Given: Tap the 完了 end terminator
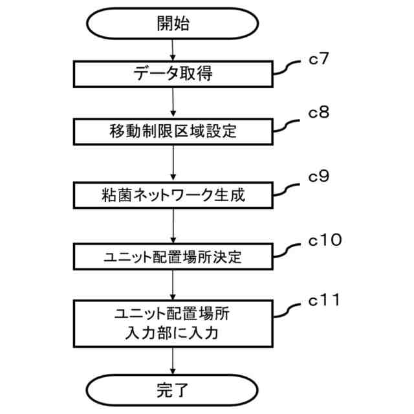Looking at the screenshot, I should [x=173, y=389].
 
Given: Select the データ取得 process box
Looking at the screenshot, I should [x=173, y=74].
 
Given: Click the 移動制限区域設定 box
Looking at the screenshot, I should [x=173, y=133].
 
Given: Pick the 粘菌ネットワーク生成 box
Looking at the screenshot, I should [x=173, y=194].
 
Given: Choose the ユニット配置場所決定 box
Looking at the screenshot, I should [x=173, y=256].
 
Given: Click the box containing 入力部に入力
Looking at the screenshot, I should [x=173, y=325].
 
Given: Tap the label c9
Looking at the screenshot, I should [x=319, y=175].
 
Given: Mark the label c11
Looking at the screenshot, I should [x=322, y=301].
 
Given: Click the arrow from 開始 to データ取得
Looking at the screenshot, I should [x=173, y=50].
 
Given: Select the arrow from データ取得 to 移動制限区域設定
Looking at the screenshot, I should [x=173, y=103].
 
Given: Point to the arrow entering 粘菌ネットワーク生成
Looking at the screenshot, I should [x=173, y=164].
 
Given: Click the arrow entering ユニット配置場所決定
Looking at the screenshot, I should [x=173, y=226].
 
